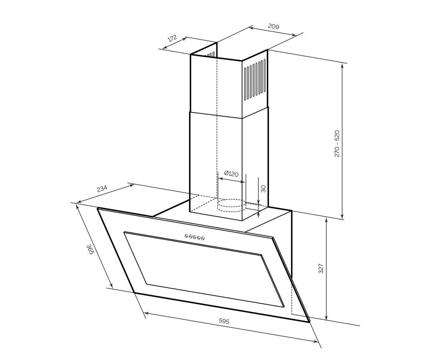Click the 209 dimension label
click(274, 27)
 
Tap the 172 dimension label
click(172, 38)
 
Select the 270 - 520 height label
click(337, 144)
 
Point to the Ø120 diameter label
click(232, 174)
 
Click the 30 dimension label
click(263, 189)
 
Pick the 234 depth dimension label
click(102, 189)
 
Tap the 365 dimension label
click(90, 249)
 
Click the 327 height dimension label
click(321, 269)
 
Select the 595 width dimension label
click(224, 321)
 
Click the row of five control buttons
click(195, 237)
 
